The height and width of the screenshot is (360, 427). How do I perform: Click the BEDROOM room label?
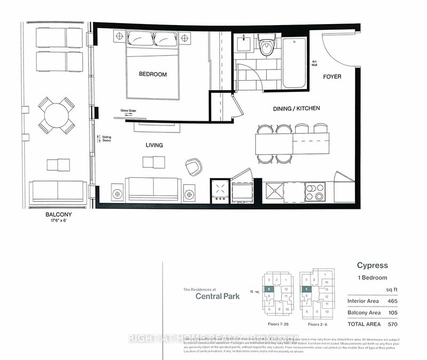(x=153, y=75)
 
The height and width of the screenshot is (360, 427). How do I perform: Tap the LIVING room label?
(x=153, y=145)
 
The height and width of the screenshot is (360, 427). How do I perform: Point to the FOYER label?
(x=332, y=77)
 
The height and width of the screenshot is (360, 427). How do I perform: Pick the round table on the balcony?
(x=56, y=115)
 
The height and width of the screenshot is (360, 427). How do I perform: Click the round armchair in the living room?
(x=193, y=166)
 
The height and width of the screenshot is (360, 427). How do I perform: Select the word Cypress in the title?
(x=371, y=265)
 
